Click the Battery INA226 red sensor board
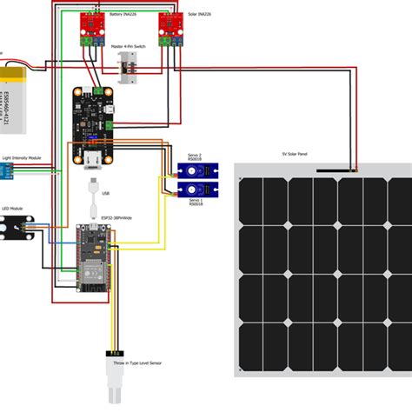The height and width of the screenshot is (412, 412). point(94,29)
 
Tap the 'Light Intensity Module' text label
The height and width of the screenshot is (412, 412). point(22,158)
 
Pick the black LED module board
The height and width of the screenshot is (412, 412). point(19,229)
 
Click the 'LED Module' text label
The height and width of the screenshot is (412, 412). point(12,209)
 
